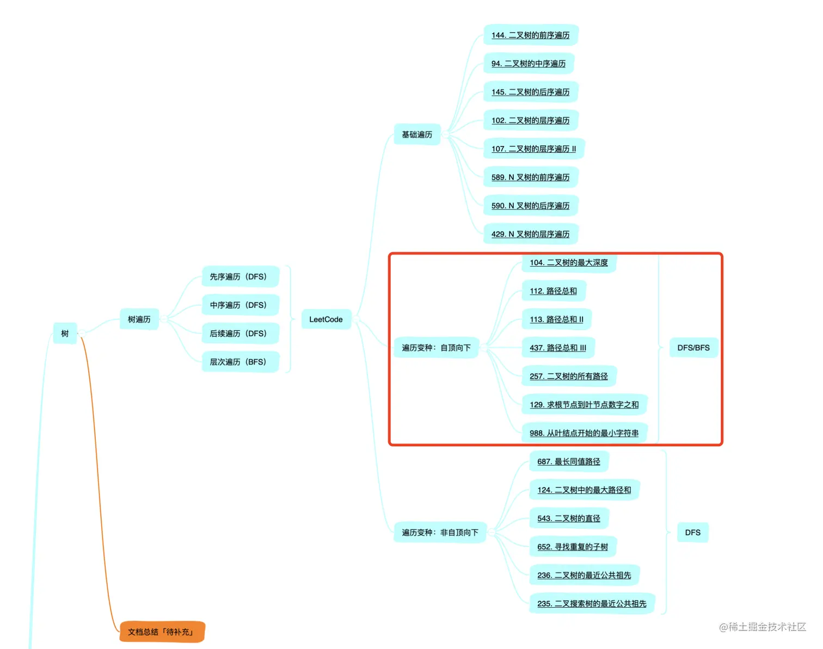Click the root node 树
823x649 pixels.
pos(65,333)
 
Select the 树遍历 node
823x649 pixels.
pos(139,319)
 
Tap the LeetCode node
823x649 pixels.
pos(325,319)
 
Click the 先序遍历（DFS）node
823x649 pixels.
pos(238,277)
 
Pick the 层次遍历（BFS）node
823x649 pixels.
pos(238,362)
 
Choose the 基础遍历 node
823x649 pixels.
pos(417,134)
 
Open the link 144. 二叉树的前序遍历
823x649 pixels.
pos(530,35)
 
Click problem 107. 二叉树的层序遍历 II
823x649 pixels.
pos(533,149)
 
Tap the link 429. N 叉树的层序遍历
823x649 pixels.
pos(530,234)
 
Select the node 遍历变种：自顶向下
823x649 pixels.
pos(436,348)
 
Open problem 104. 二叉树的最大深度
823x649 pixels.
pos(569,263)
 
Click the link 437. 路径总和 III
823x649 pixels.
pos(558,348)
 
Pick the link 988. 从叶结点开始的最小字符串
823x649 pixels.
pos(584,433)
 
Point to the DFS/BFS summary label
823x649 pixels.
pos(693,348)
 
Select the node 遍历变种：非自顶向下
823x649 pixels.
pos(440,533)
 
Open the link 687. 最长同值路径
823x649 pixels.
pos(569,462)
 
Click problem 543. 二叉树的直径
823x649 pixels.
pos(569,518)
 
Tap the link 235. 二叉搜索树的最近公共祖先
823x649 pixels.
pos(592,604)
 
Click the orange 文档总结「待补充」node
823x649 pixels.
pos(162,632)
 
